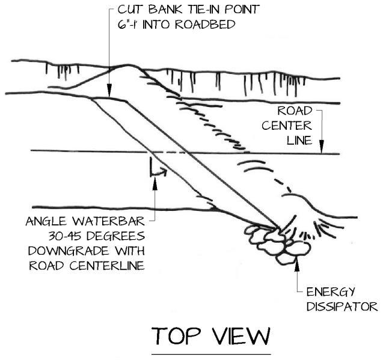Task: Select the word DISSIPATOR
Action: click(x=342, y=307)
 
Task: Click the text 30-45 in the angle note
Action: click(x=50, y=236)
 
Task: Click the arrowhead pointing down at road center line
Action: click(x=322, y=148)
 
